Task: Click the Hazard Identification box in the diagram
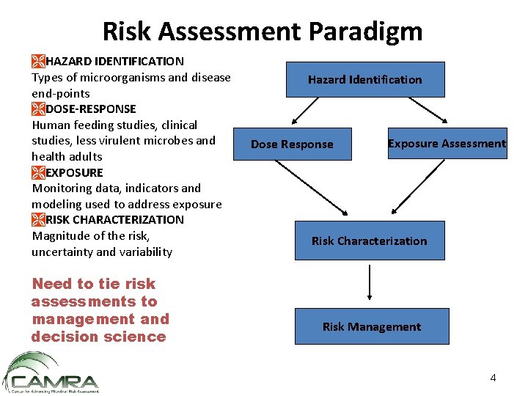pyautogui.click(x=364, y=79)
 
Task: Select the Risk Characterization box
pyautogui.click(x=369, y=241)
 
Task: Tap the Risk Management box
pyautogui.click(x=371, y=327)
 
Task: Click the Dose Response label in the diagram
pyautogui.click(x=292, y=144)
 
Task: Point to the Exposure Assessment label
pyautogui.click(x=447, y=144)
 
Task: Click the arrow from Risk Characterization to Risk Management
pyautogui.click(x=370, y=283)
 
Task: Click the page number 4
pyautogui.click(x=493, y=378)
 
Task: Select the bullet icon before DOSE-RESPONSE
pyautogui.click(x=38, y=109)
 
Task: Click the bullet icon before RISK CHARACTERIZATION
pyautogui.click(x=38, y=219)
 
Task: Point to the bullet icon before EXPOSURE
pyautogui.click(x=38, y=172)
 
